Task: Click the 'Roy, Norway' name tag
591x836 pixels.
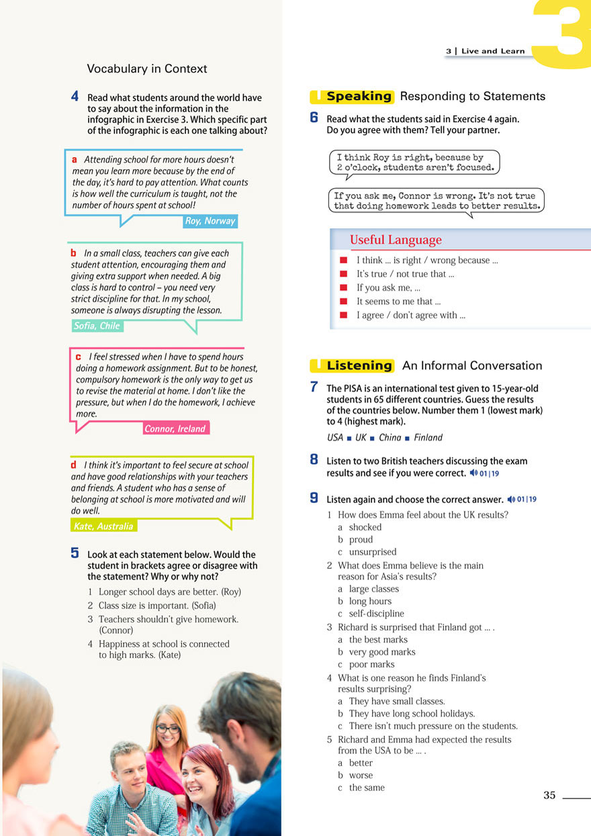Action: coord(210,221)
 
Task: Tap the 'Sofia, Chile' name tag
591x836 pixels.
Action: coord(97,326)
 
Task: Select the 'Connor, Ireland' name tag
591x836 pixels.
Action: coord(175,428)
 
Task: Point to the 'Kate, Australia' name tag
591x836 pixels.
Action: coord(103,526)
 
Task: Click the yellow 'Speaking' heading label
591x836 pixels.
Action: coord(359,97)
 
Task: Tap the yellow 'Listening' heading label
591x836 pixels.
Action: coord(359,366)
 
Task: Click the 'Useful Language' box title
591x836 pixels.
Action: coord(396,240)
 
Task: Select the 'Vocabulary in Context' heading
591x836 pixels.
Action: coord(147,68)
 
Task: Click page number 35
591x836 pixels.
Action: coord(549,795)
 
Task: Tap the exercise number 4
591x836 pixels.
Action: coord(75,97)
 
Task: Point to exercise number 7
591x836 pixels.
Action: coord(314,387)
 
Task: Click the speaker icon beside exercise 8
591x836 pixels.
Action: coord(473,473)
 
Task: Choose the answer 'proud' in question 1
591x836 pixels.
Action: coord(361,540)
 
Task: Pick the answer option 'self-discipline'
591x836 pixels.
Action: coord(376,614)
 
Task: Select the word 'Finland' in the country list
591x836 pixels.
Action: coord(428,438)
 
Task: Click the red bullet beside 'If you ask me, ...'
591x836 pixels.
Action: coord(343,287)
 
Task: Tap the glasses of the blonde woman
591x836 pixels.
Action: coord(167,729)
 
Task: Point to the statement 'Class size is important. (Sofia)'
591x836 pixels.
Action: coord(157,605)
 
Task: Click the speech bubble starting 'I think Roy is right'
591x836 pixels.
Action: coord(415,162)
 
